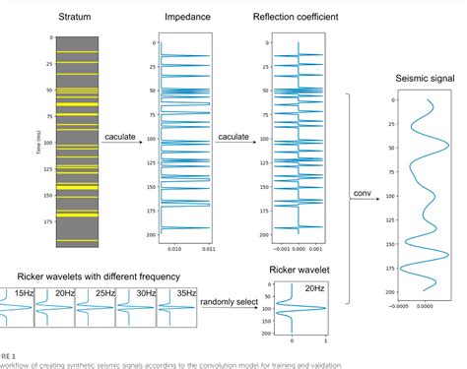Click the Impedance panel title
point(185,17)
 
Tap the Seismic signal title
point(418,80)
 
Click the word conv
point(362,193)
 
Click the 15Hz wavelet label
point(23,292)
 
